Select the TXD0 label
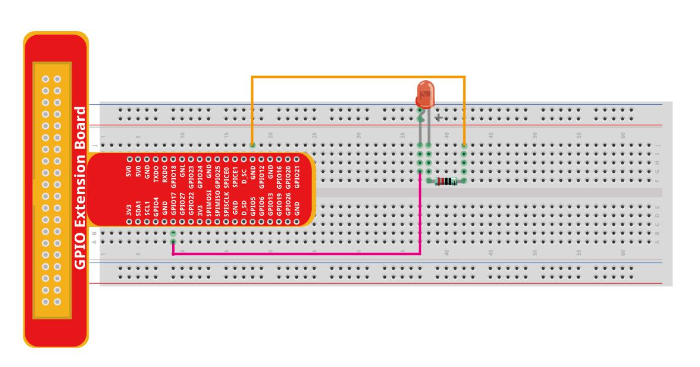coord(156,176)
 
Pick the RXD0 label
coord(164,176)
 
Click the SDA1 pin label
coord(138,206)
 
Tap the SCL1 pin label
coord(147,206)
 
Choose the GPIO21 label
coord(297,175)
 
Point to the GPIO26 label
coord(288,203)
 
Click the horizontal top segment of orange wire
coord(358,76)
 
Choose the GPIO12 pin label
coord(262,175)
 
